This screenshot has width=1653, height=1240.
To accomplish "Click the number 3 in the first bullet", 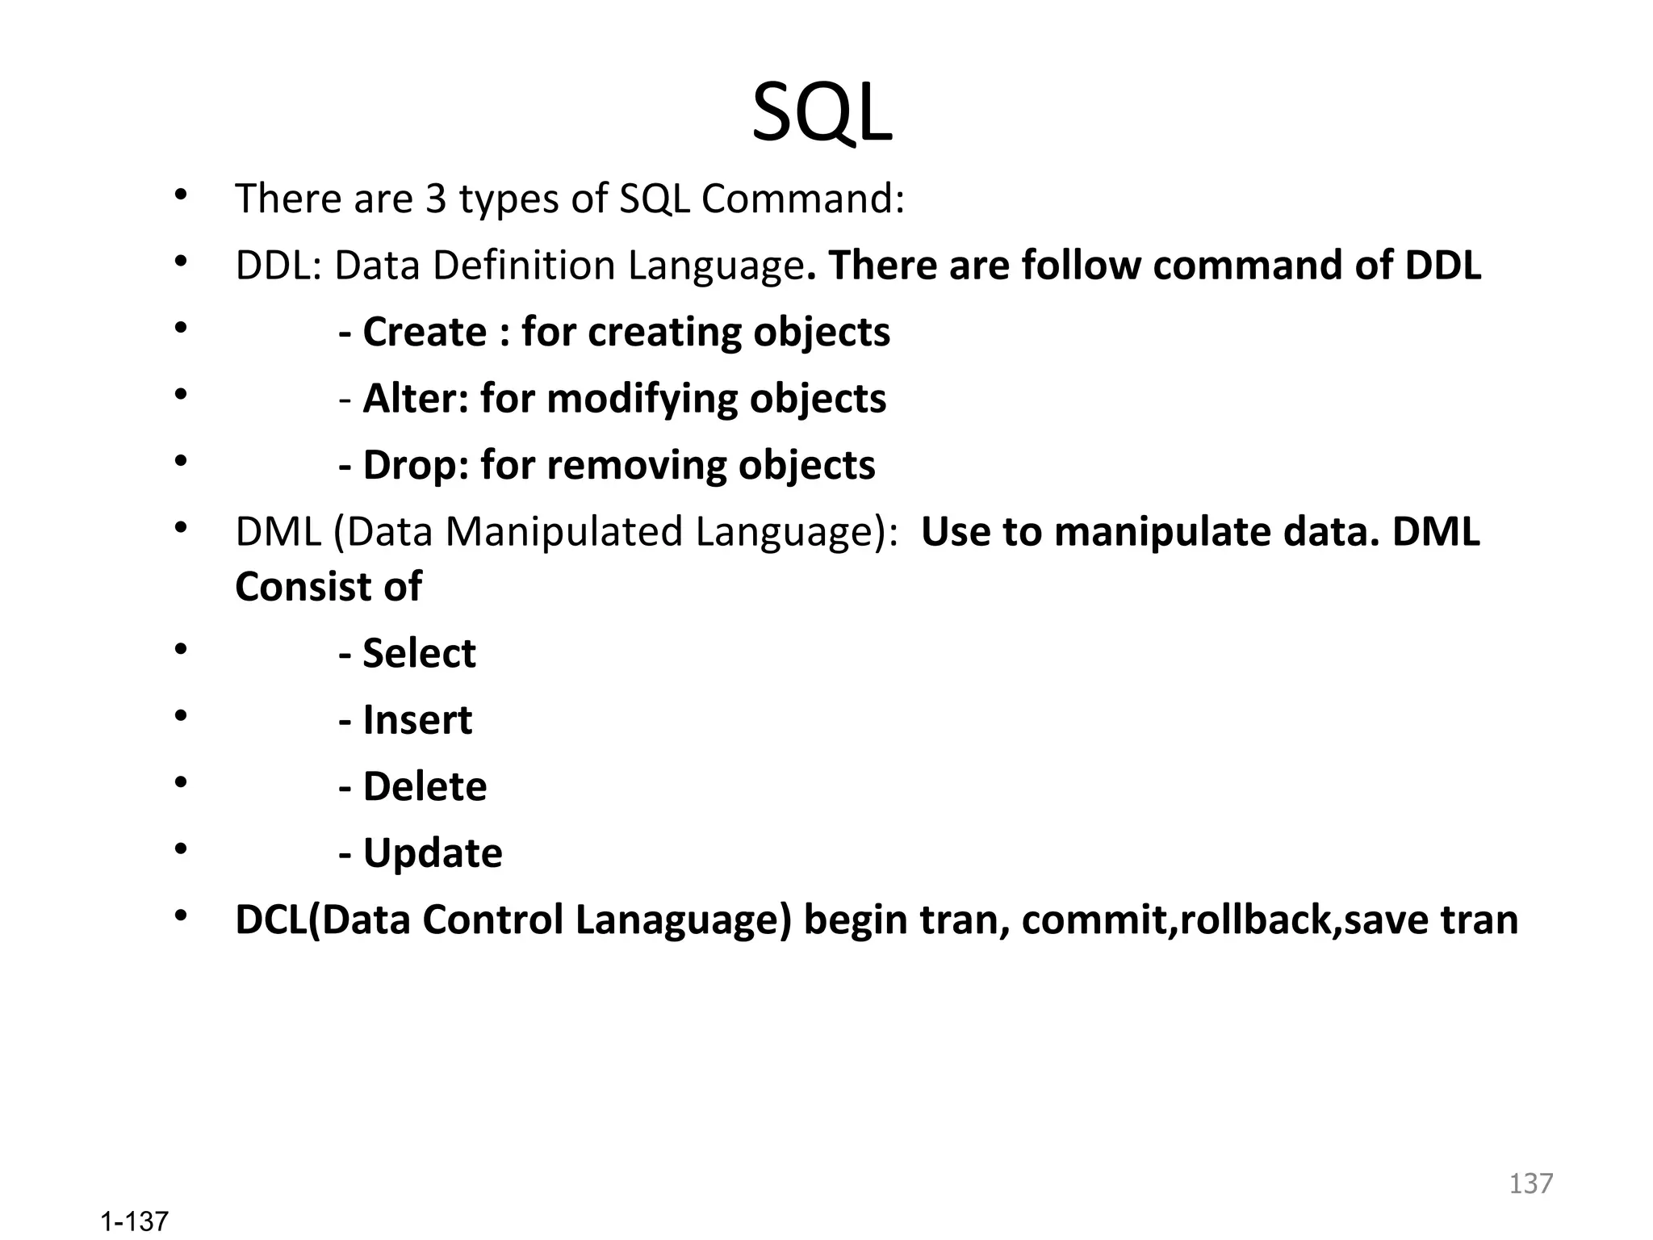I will pos(436,199).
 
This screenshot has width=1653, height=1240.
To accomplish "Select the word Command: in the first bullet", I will pos(802,199).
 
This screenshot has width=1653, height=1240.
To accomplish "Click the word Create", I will pos(425,332).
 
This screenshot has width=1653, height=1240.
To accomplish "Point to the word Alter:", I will pos(416,399).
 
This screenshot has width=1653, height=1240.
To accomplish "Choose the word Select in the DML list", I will pos(419,653).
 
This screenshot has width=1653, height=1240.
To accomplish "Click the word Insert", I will pos(417,720).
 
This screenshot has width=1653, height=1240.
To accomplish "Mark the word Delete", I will pos(425,787).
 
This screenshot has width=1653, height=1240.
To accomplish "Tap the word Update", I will pos(433,853).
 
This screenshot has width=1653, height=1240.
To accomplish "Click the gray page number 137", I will pos(1530,1183).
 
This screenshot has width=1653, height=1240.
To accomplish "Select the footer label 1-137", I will pos(134,1221).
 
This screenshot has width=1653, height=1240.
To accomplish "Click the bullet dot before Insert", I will pos(181,715).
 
